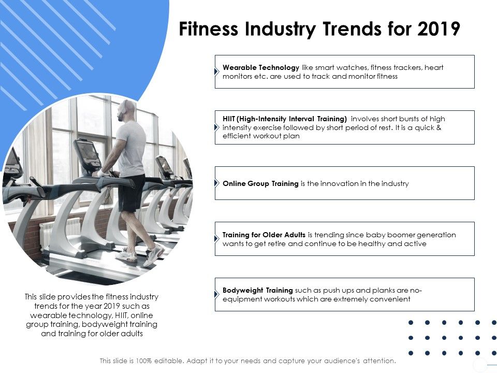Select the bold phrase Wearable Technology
261,67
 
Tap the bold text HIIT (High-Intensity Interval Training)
285,119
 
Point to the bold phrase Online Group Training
260,183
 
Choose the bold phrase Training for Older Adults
264,235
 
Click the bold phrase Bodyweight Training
258,290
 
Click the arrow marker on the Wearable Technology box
217,71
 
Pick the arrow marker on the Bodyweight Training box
217,294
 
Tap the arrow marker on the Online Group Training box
217,183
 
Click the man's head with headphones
127,110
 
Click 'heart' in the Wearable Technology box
434,67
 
